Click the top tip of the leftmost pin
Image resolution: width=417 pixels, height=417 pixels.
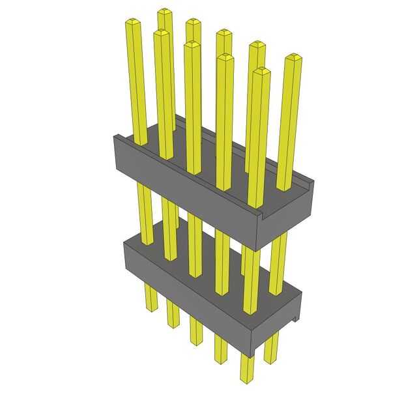[x=133, y=23]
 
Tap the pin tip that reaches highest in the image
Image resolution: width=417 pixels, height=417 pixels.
[x=164, y=12]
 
